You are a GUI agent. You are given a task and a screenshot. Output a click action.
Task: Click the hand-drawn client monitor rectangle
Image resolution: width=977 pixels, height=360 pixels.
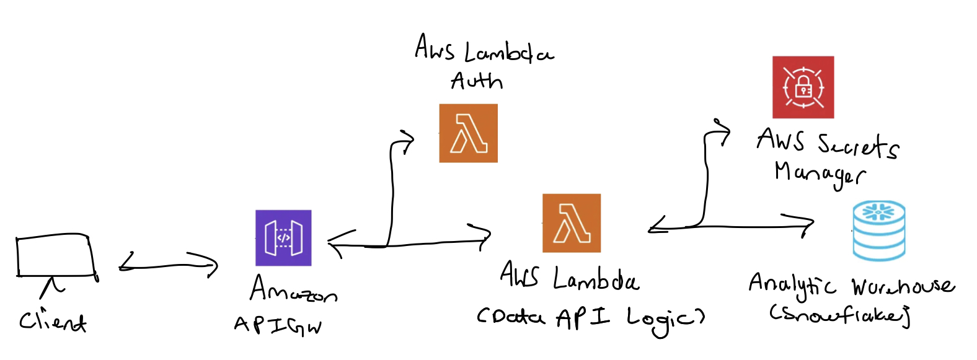click(56, 255)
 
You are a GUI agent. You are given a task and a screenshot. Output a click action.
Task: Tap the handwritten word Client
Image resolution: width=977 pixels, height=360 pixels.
click(53, 321)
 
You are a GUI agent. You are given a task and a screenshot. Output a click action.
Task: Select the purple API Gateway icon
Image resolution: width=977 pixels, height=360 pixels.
click(283, 238)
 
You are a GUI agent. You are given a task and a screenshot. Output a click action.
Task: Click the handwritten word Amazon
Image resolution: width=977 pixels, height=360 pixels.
click(293, 290)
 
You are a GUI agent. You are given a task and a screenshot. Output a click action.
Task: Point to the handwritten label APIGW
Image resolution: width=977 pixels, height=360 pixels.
click(278, 325)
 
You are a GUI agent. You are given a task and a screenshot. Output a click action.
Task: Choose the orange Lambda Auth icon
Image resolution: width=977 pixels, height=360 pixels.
click(468, 133)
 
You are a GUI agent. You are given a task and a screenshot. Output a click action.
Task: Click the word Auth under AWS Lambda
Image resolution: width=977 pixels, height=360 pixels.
click(476, 81)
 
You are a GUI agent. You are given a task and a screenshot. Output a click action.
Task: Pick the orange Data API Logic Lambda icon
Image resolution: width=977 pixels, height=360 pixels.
click(572, 223)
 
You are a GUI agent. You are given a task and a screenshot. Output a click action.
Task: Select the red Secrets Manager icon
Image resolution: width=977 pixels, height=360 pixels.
click(803, 87)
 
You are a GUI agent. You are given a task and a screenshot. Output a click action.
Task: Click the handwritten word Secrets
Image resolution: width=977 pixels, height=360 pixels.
click(858, 145)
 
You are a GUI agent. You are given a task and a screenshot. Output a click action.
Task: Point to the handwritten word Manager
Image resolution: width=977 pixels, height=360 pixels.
click(819, 173)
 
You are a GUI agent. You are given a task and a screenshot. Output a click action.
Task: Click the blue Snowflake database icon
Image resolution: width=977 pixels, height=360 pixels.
click(879, 230)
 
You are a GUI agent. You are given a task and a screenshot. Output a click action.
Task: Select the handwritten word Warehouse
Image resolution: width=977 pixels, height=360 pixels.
click(903, 286)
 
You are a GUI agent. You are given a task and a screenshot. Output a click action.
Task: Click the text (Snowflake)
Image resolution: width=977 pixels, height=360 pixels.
click(839, 315)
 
